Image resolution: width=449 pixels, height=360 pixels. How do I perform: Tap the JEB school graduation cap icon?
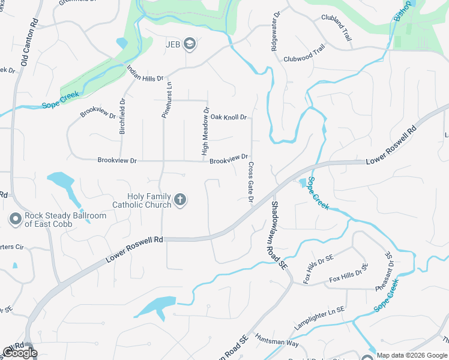190,43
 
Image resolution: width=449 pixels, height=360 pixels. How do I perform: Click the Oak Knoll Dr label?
228,117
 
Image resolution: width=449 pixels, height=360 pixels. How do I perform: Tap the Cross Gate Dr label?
250,182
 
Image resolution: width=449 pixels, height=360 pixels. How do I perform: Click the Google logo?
20,353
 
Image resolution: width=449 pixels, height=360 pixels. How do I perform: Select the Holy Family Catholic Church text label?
149,200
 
